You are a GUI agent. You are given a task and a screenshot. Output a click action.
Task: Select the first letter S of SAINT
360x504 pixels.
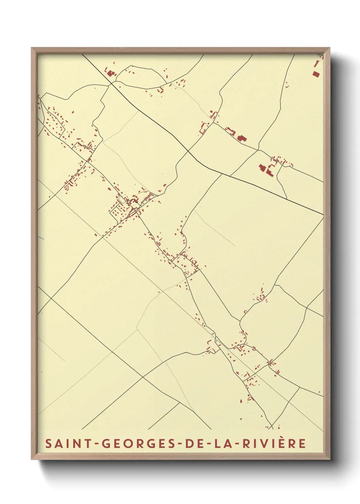click(x=48, y=443)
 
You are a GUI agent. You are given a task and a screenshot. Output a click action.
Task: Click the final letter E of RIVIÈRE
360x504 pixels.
click(x=302, y=443)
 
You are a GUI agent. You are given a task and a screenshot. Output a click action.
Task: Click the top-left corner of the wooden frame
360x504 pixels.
click(x=32, y=48)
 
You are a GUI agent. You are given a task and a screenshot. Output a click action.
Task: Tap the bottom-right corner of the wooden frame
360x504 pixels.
click(x=330, y=459)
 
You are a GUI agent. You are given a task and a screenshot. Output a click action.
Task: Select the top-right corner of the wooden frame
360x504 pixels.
click(x=330, y=48)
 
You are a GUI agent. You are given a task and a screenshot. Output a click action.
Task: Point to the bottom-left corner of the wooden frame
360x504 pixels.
click(x=32, y=459)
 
